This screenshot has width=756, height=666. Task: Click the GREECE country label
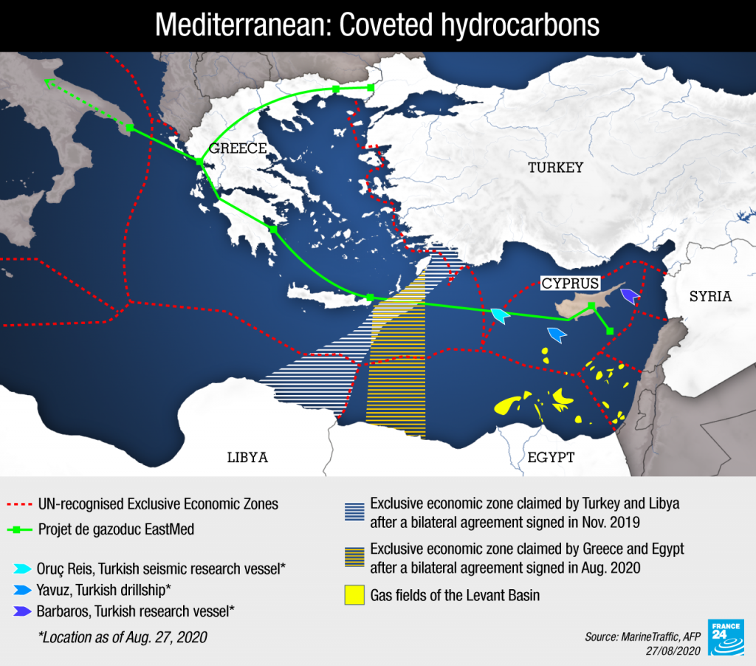point(238,148)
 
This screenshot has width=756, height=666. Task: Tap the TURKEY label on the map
point(555,168)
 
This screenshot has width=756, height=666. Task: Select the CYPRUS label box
point(570,283)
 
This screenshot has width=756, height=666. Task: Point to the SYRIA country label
point(710,297)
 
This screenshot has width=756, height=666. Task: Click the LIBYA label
point(247,458)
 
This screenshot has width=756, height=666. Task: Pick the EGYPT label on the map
point(551,458)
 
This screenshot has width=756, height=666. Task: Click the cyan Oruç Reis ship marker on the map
point(501,317)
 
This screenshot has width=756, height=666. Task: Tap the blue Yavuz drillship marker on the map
point(556,334)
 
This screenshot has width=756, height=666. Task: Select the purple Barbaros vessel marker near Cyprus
point(629,297)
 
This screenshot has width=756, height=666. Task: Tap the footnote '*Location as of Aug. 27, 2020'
point(123,636)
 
